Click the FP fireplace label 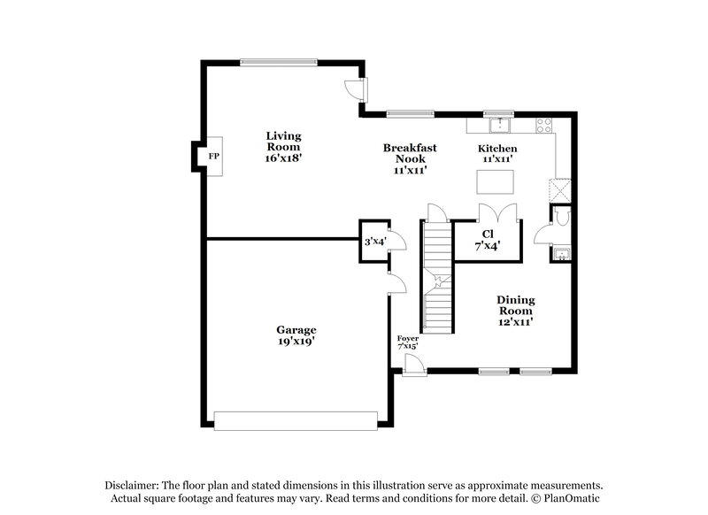(x=212, y=157)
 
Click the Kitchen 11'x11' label (x=496, y=154)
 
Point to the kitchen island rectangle (x=496, y=181)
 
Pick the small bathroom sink (x=561, y=256)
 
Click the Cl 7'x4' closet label (x=487, y=240)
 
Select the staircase (x=437, y=274)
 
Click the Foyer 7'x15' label (x=408, y=342)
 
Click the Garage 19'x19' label (x=296, y=334)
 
